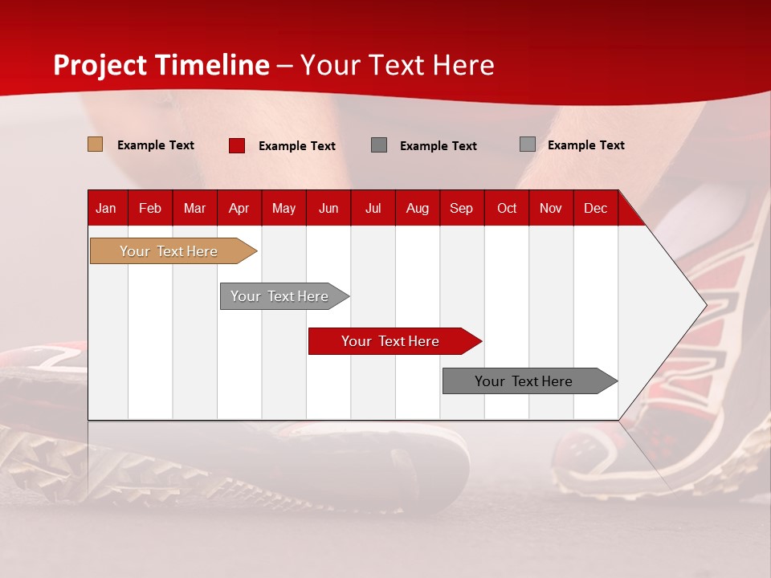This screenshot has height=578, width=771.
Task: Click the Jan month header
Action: click(x=106, y=208)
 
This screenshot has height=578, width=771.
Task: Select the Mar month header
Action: click(x=194, y=208)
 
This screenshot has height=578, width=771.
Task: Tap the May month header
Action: click(x=284, y=208)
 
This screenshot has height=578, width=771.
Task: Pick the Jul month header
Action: click(x=373, y=208)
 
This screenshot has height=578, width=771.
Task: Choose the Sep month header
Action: click(x=461, y=208)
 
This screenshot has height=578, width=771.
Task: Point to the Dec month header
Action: click(x=595, y=208)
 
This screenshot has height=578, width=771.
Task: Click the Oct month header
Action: click(x=507, y=208)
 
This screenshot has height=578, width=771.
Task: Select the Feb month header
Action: click(x=150, y=208)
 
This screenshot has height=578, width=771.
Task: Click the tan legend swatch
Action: click(x=96, y=144)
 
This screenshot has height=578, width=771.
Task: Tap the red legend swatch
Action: click(x=237, y=145)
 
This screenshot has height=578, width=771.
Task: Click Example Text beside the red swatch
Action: click(x=297, y=146)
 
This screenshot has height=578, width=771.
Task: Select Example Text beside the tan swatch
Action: click(x=156, y=145)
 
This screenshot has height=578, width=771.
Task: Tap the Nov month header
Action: click(x=551, y=208)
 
